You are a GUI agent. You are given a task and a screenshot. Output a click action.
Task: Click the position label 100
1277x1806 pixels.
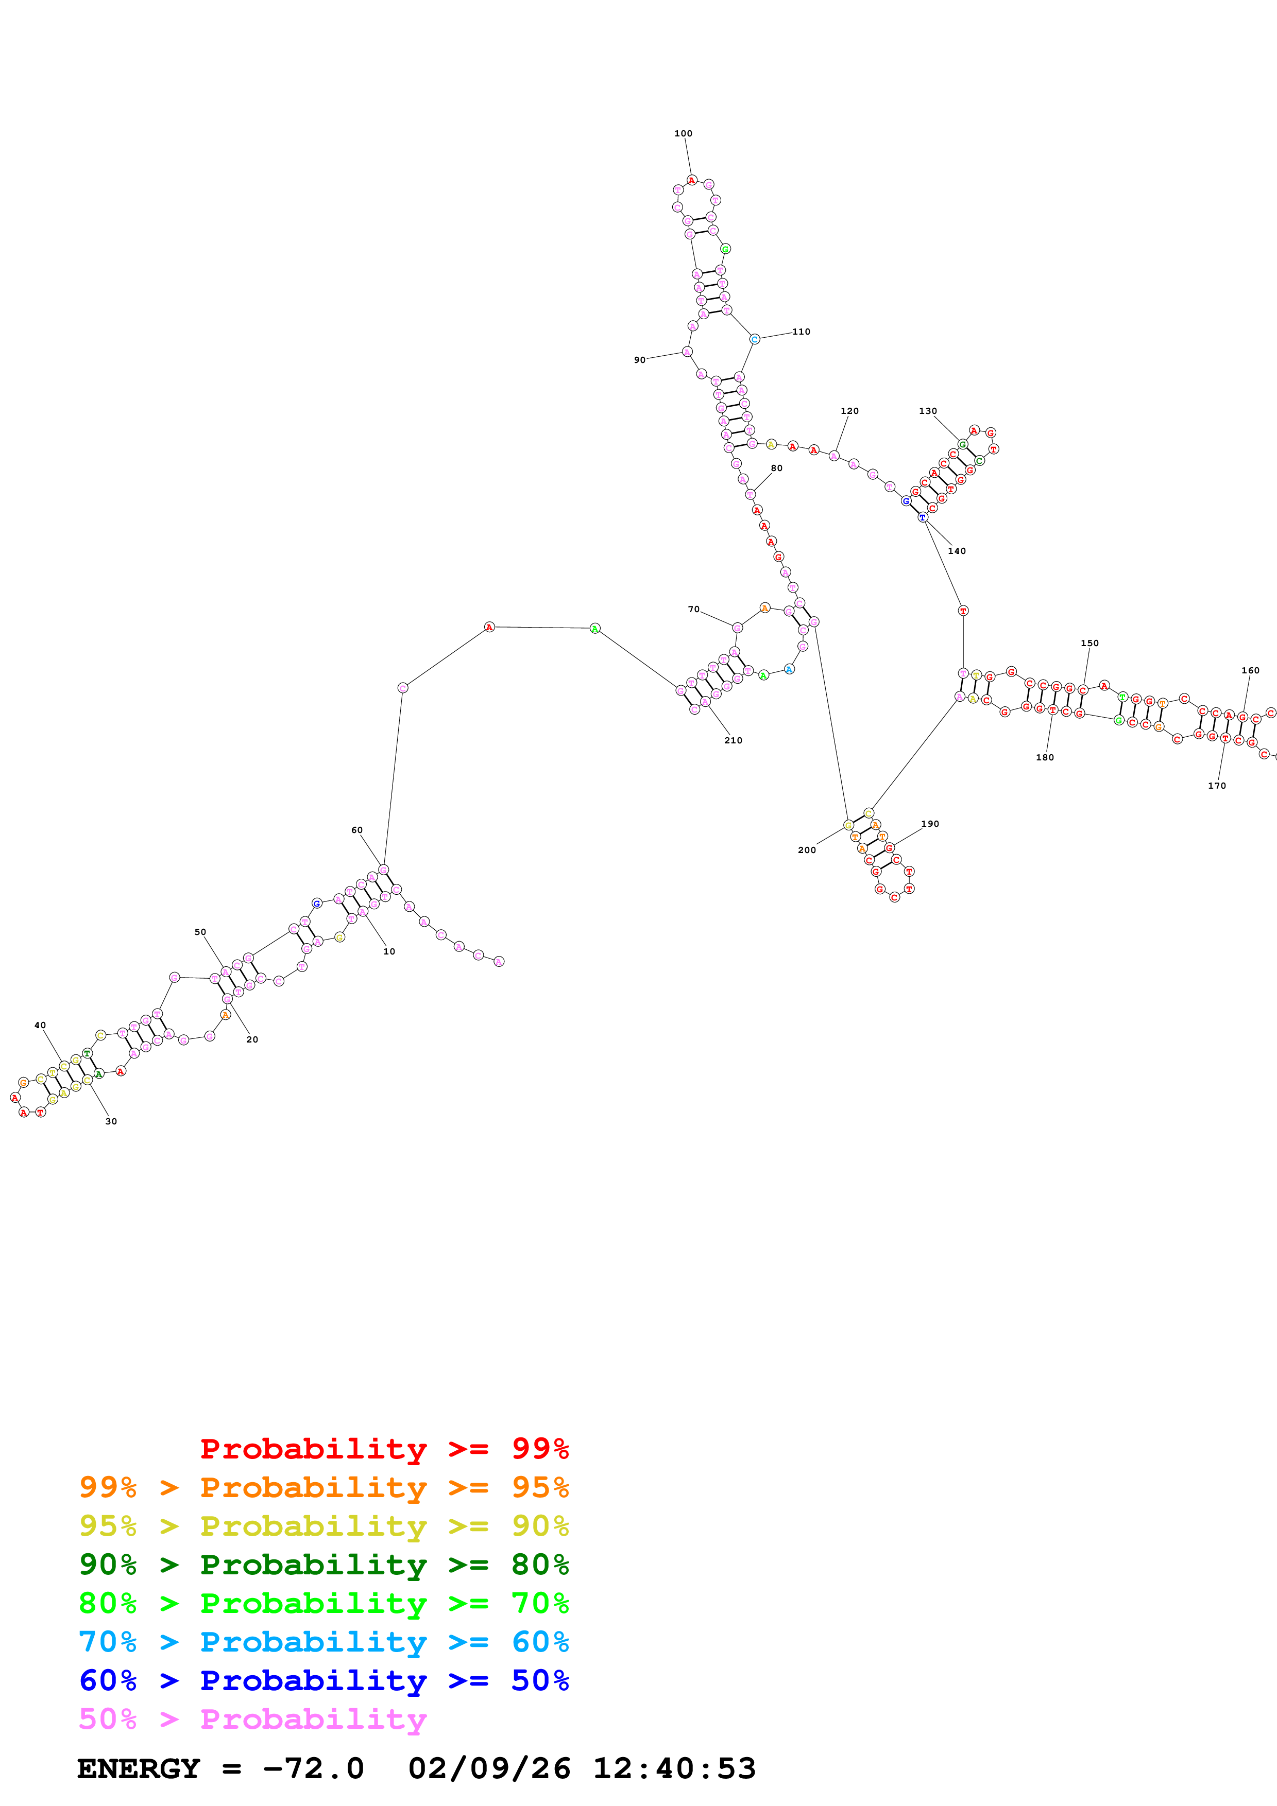[x=683, y=134]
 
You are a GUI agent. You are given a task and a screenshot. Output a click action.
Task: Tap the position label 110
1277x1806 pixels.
[x=801, y=332]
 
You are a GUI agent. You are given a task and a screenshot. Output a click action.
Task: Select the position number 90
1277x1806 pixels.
[x=640, y=360]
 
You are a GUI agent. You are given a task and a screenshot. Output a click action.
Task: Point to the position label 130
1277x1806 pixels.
[x=928, y=411]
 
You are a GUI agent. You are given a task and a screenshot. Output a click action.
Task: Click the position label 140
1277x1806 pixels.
[x=957, y=551]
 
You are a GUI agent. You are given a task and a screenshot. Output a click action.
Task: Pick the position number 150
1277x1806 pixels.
[x=1089, y=644]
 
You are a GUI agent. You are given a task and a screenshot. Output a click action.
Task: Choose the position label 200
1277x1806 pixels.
[x=807, y=850]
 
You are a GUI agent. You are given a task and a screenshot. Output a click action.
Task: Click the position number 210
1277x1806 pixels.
[x=734, y=741]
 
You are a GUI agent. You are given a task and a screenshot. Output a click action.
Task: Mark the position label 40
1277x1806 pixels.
[x=40, y=1026]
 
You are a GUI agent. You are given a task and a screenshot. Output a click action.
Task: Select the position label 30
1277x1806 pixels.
[x=111, y=1122]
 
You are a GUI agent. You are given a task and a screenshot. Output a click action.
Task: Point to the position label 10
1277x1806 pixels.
[x=389, y=952]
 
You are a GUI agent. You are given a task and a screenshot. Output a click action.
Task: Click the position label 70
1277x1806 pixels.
[x=693, y=610]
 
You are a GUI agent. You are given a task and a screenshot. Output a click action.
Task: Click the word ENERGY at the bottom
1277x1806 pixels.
[x=139, y=1769]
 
